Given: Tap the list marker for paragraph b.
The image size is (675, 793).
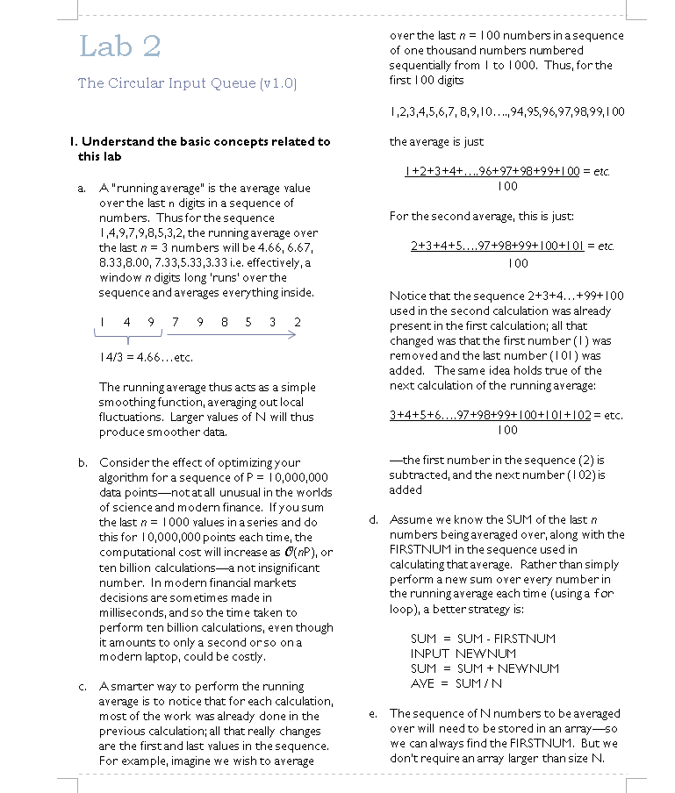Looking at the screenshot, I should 82,462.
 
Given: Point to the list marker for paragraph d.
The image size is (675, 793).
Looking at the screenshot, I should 373,519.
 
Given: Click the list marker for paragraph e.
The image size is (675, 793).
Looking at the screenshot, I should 373,713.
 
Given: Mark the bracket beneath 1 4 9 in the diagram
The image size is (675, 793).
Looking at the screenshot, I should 126,336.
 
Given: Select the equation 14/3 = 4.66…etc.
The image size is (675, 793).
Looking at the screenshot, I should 146,357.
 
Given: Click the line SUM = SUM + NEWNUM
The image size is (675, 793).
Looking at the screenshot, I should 485,668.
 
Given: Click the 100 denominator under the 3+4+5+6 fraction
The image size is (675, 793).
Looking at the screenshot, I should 507,430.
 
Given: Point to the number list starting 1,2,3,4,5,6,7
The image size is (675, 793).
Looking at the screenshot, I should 506,111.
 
